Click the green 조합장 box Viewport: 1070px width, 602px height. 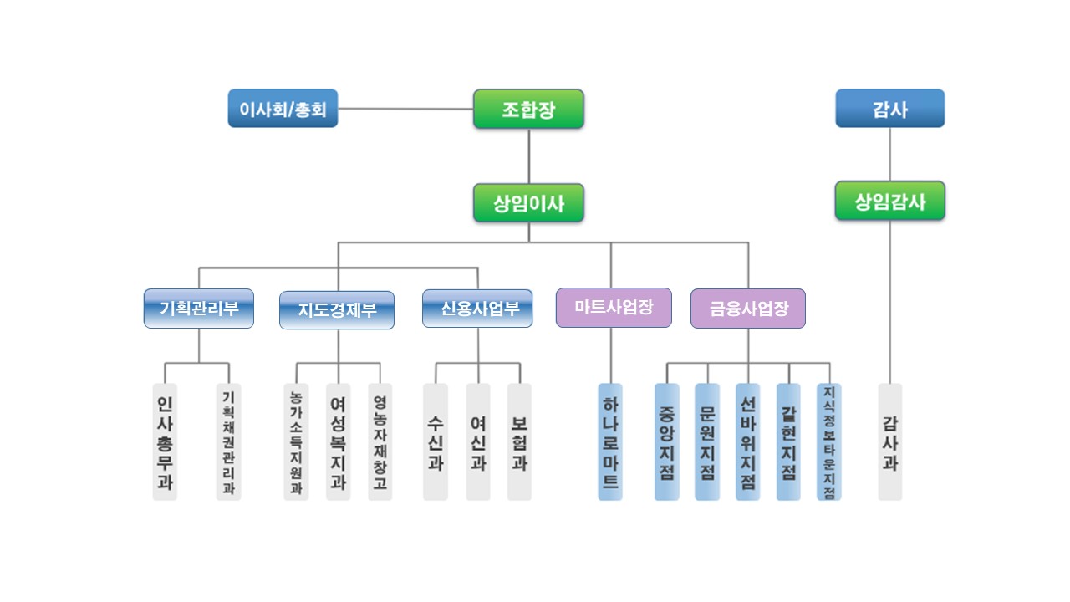(528, 109)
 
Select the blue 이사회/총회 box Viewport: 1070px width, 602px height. (283, 109)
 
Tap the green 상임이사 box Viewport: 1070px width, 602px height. (528, 202)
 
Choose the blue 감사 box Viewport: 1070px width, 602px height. (889, 109)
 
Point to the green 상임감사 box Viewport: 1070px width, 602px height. (889, 201)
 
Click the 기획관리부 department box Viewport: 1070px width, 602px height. (199, 308)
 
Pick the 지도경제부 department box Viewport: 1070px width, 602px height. (337, 309)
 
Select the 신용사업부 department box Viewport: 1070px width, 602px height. (477, 308)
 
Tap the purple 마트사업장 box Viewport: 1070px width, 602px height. (614, 307)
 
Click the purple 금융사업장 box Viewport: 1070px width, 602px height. (748, 308)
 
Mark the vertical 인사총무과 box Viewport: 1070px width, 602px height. (165, 441)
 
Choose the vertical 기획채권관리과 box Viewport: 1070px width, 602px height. (228, 441)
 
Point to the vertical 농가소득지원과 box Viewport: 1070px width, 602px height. (296, 441)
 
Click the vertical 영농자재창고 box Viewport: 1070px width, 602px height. (380, 441)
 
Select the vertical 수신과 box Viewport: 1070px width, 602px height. (436, 441)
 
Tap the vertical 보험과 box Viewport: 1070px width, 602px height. (519, 441)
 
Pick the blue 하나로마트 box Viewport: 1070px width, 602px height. (610, 441)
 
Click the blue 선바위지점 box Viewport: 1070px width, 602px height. (747, 441)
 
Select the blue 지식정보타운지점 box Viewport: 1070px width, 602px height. (829, 441)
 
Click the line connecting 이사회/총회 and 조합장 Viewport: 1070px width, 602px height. (405, 109)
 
